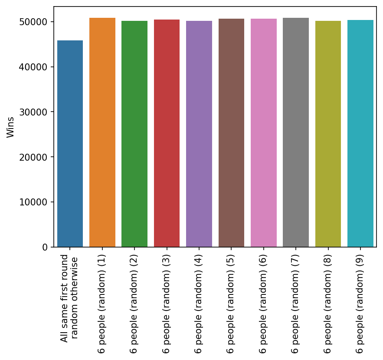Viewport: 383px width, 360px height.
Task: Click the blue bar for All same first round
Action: (70, 144)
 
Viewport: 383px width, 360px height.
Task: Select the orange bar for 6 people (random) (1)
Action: (102, 132)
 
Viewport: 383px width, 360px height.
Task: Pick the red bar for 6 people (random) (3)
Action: (167, 133)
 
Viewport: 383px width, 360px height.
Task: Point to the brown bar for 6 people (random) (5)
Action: (231, 133)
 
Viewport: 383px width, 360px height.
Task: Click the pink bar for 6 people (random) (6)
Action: (264, 133)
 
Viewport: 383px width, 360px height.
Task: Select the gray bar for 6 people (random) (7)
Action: (296, 132)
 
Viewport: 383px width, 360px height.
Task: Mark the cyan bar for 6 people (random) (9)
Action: (360, 133)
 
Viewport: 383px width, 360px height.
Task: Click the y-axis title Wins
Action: (11, 127)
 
